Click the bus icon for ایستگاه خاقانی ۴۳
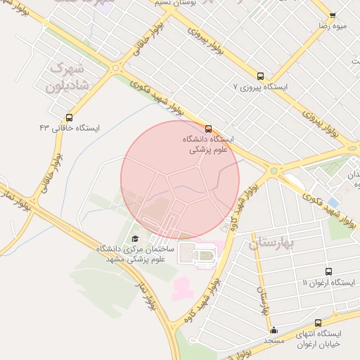(x=69, y=117)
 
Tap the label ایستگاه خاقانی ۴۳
(x=70, y=128)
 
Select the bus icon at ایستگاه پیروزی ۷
(x=261, y=76)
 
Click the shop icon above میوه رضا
(x=333, y=15)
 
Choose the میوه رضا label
(x=333, y=25)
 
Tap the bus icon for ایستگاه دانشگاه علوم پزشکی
(x=208, y=129)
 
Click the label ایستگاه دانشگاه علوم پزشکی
(x=211, y=144)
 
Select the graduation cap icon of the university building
(x=135, y=239)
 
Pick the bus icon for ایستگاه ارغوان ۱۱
(x=329, y=271)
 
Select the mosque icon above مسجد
(x=274, y=330)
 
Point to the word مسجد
(x=273, y=340)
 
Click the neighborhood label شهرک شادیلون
(x=65, y=77)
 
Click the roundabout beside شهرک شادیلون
(x=115, y=69)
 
